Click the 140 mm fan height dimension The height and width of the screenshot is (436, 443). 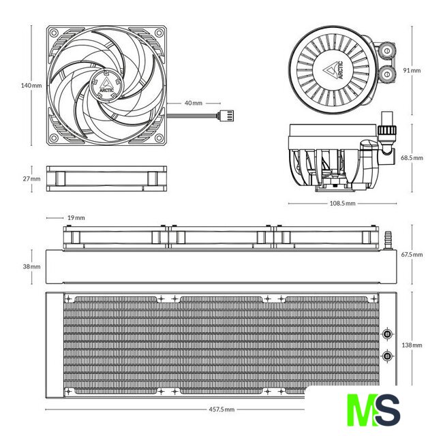31,85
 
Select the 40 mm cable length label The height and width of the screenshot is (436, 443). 194,103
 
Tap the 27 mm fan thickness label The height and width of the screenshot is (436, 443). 31,178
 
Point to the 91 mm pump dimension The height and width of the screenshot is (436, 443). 412,70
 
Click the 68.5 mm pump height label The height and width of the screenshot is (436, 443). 412,157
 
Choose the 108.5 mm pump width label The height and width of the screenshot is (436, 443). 342,203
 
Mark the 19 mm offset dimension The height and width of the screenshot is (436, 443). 76,218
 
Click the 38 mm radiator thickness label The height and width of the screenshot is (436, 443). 31,266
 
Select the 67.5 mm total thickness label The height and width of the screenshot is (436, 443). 412,254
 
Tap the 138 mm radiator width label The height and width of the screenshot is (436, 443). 412,345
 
